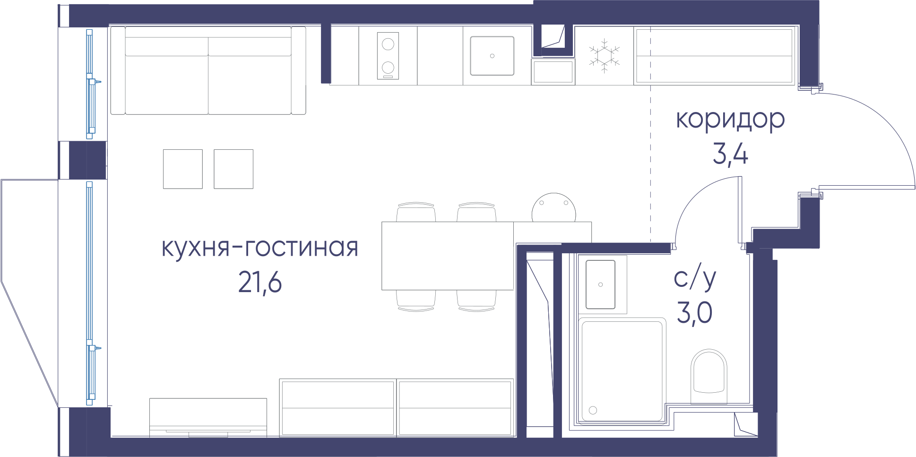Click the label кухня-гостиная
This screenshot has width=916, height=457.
(260, 248)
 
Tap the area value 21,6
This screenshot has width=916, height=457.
(260, 283)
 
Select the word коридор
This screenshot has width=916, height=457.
(730, 120)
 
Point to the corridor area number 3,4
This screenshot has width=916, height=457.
(730, 154)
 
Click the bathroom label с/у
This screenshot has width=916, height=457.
(695, 279)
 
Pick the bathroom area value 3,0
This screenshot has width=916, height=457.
(695, 313)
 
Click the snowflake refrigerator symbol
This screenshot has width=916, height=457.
(604, 56)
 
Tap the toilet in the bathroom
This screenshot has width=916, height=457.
(709, 376)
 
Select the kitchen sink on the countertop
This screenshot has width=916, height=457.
(492, 56)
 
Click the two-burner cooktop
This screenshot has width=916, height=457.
(388, 56)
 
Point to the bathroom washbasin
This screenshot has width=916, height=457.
(601, 285)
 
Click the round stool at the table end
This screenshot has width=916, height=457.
(554, 207)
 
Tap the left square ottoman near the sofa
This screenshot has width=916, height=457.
(183, 169)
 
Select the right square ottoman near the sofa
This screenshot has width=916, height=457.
(233, 169)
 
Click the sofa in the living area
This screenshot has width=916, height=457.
(208, 70)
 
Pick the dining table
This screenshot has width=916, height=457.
(448, 256)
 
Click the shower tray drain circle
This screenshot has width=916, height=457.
(593, 410)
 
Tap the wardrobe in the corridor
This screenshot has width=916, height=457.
(714, 56)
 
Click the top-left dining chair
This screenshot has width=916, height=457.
(416, 212)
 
